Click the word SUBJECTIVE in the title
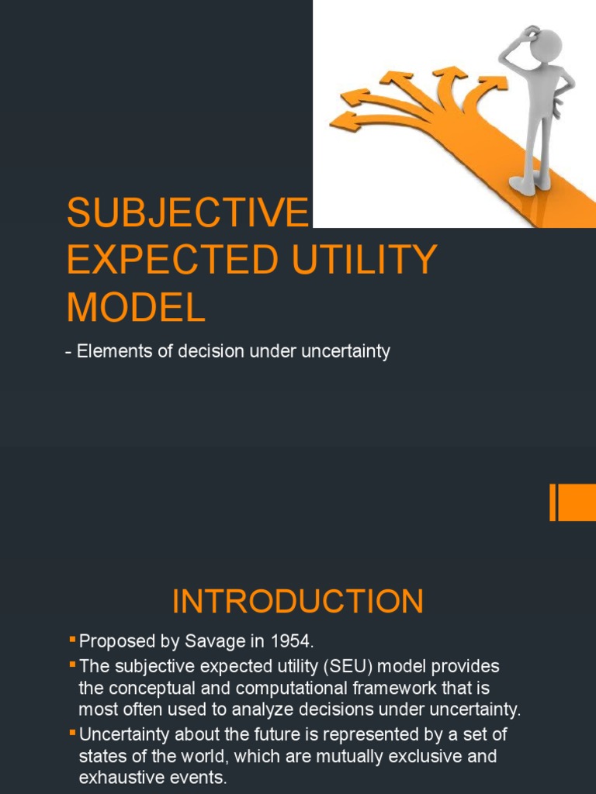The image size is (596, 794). coord(187,212)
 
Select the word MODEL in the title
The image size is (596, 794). coord(136,307)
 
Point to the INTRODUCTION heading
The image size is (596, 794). coord(298,602)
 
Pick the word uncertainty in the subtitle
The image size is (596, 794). coord(345,351)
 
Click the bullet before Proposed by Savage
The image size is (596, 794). coord(73,639)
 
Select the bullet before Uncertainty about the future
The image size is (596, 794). coord(73,731)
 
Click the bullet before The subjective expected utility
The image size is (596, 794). coord(73,664)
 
